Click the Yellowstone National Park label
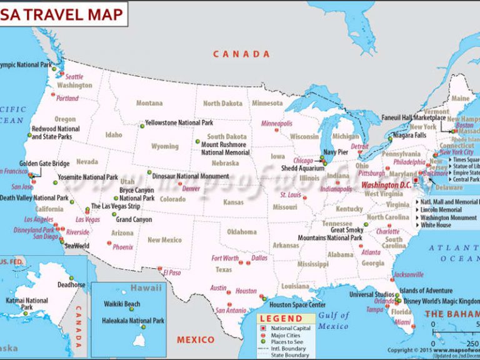[x=179, y=123]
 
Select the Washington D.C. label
[x=387, y=185]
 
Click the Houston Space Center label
[x=297, y=305]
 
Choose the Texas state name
[x=223, y=270]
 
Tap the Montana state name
[x=149, y=103]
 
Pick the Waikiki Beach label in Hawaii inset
[x=122, y=304]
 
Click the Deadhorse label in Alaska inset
[x=71, y=284]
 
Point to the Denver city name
[x=191, y=188]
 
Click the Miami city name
[x=402, y=323]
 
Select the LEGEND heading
[x=278, y=319]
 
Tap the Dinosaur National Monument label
[x=190, y=176]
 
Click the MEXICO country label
[x=195, y=340]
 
